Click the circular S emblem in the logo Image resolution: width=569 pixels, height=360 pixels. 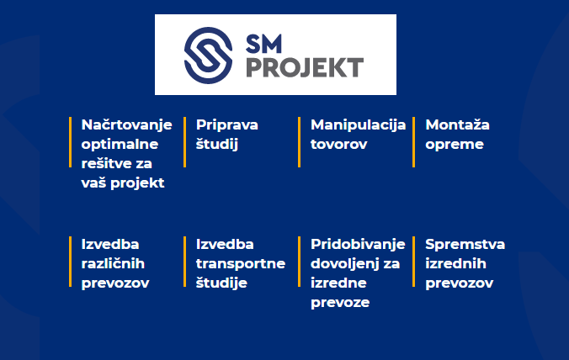coord(208,56)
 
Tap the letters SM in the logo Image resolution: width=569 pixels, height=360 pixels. coord(263,45)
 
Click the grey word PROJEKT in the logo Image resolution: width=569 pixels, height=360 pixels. coord(305,67)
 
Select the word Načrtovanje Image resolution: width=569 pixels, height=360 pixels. coord(126,125)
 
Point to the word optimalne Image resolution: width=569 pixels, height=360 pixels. coord(120,145)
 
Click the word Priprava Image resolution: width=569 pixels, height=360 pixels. coord(226,125)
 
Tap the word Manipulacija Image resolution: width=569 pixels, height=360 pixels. coord(359,125)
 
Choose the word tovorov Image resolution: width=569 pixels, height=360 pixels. coord(339,145)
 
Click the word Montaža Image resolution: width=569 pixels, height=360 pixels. coord(457,124)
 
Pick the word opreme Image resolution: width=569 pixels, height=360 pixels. coord(455,145)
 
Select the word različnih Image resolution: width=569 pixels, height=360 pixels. coord(113,263)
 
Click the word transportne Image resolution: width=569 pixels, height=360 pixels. coord(241,264)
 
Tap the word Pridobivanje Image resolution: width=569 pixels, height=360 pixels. coord(358,245)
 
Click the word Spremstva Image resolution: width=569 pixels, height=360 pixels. coord(465,245)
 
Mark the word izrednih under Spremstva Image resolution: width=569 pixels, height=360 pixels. coord(455,263)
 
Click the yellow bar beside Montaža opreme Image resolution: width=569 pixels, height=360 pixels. coord(413,142)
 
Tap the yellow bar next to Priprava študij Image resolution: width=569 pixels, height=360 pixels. coord(184,142)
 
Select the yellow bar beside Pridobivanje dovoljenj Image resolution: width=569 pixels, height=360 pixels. coord(300,262)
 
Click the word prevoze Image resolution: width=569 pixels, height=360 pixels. coord(340,303)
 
